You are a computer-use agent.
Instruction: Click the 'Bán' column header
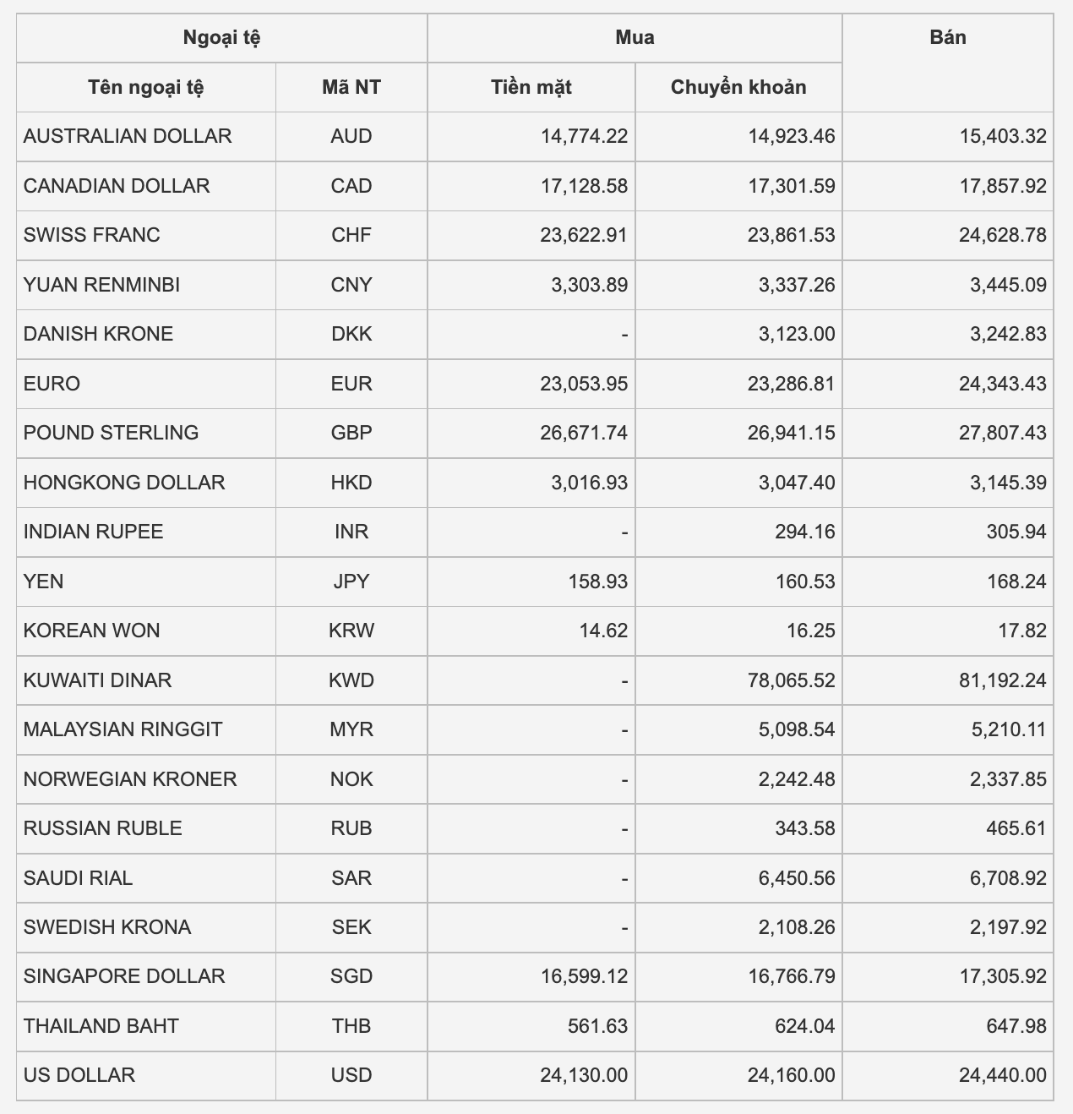click(x=947, y=37)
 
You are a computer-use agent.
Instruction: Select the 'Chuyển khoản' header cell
click(x=738, y=87)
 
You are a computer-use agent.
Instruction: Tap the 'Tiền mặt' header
click(x=531, y=87)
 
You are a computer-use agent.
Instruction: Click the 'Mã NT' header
click(x=351, y=87)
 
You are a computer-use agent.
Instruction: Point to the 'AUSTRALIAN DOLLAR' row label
click(x=128, y=136)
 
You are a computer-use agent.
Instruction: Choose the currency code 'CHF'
click(x=351, y=235)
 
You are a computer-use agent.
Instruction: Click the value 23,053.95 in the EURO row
click(x=584, y=384)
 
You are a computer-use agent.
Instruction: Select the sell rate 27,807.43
click(x=1002, y=433)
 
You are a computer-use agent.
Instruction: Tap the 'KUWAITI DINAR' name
click(x=97, y=680)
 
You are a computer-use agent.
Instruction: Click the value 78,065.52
click(x=791, y=680)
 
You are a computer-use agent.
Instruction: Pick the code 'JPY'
click(x=351, y=582)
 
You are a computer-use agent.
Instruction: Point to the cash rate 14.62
click(x=603, y=631)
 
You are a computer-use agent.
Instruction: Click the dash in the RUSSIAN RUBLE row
click(x=624, y=829)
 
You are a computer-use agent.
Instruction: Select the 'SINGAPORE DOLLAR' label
click(x=124, y=976)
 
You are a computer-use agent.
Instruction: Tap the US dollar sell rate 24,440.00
click(x=1002, y=1075)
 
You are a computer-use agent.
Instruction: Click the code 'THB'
click(x=351, y=1026)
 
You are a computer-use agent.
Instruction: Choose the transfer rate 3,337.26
click(x=797, y=285)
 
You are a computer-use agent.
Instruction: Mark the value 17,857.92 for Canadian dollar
click(x=1002, y=186)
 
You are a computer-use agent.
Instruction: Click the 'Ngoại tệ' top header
click(x=221, y=37)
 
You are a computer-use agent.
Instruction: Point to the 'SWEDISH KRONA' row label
click(x=107, y=927)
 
